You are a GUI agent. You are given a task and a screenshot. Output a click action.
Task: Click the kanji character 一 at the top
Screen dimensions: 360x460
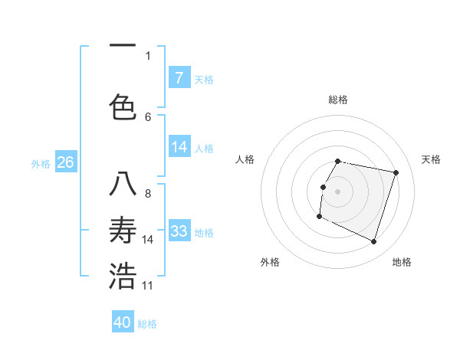point(123,44)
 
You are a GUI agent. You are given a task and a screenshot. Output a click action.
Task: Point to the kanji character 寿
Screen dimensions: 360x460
point(123,231)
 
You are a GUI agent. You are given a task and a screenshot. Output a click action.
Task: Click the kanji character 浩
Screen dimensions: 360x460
point(123,277)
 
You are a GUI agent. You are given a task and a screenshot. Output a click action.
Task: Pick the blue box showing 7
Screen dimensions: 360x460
point(179,78)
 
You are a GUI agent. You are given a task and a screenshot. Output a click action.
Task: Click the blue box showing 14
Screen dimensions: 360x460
point(179,148)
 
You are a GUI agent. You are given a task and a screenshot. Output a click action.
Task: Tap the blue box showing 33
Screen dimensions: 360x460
point(179,231)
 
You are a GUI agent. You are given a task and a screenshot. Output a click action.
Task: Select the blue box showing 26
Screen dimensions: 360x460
point(65,162)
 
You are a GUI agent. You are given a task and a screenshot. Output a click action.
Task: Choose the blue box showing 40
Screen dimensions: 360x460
point(123,322)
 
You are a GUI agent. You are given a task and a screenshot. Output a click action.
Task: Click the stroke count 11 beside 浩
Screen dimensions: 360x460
point(148,286)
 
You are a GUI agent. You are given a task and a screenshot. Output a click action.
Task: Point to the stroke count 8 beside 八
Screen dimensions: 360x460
point(148,193)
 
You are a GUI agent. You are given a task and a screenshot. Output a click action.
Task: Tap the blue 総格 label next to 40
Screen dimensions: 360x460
point(147,324)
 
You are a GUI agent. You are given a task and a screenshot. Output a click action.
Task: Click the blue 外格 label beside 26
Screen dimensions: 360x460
point(41,163)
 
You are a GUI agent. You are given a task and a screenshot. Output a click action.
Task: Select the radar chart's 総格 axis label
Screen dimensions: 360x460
point(338,100)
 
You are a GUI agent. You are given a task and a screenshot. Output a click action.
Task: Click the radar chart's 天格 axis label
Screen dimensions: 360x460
point(432,159)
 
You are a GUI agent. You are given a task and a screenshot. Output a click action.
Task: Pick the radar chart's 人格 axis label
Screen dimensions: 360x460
point(245,159)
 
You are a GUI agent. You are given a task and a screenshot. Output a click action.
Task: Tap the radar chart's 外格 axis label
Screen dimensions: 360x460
point(270,262)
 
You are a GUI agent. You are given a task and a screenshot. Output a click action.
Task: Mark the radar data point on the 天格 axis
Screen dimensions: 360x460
point(396,173)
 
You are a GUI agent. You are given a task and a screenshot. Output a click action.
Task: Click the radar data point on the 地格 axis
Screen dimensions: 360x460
point(374,242)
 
